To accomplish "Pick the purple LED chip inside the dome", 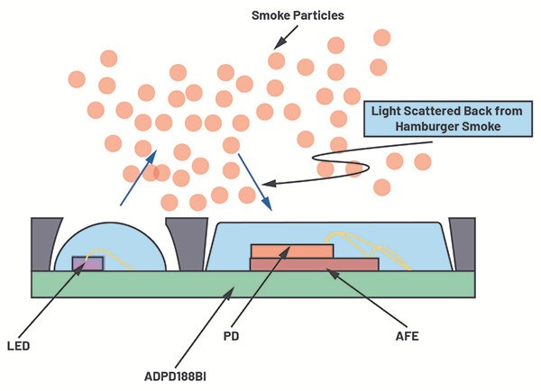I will coord(87,263).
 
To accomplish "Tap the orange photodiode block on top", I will coord(291,250).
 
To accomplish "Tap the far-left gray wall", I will coord(42,243).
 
